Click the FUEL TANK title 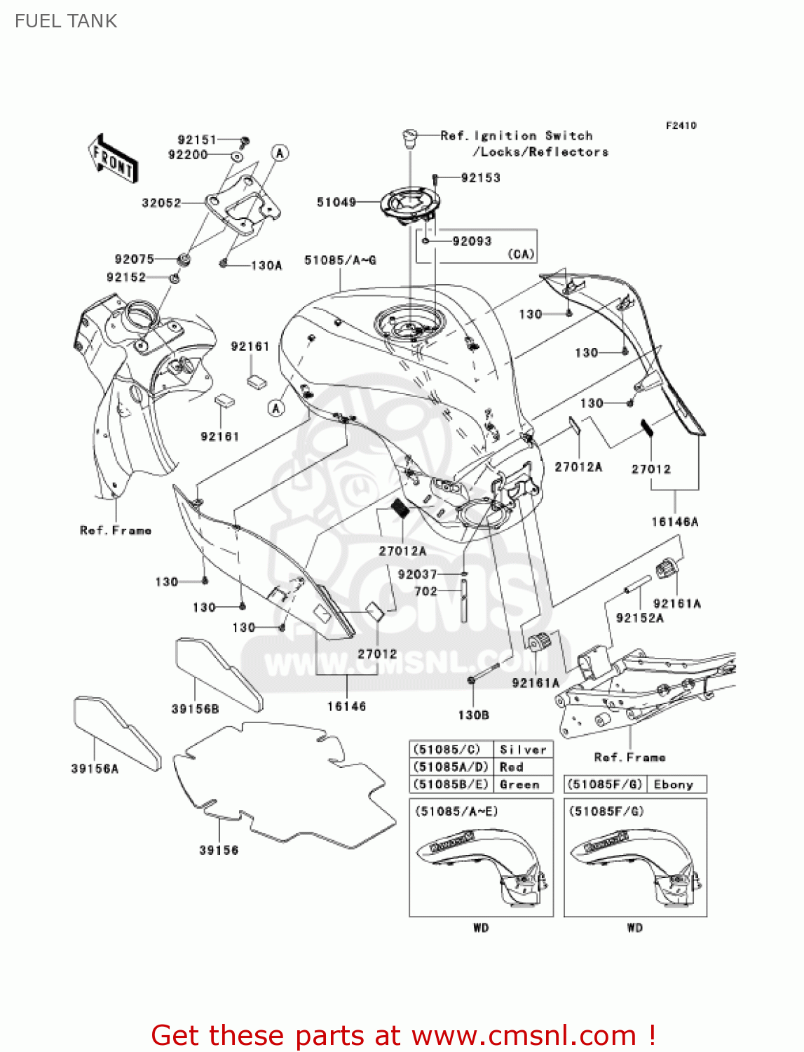[x=66, y=21]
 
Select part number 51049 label [x=336, y=202]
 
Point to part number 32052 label [x=161, y=203]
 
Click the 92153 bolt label [x=481, y=178]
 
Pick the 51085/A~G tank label [x=340, y=260]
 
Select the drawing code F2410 [x=681, y=126]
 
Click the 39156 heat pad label [x=219, y=850]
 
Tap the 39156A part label [x=95, y=769]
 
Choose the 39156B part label [x=195, y=709]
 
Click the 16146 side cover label [x=346, y=706]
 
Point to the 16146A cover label [x=674, y=522]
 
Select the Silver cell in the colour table [x=523, y=750]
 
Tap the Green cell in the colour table [x=519, y=785]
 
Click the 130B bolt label [x=473, y=715]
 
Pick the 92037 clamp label [x=417, y=574]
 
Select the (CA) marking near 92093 [x=521, y=255]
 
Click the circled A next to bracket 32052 [x=280, y=153]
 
